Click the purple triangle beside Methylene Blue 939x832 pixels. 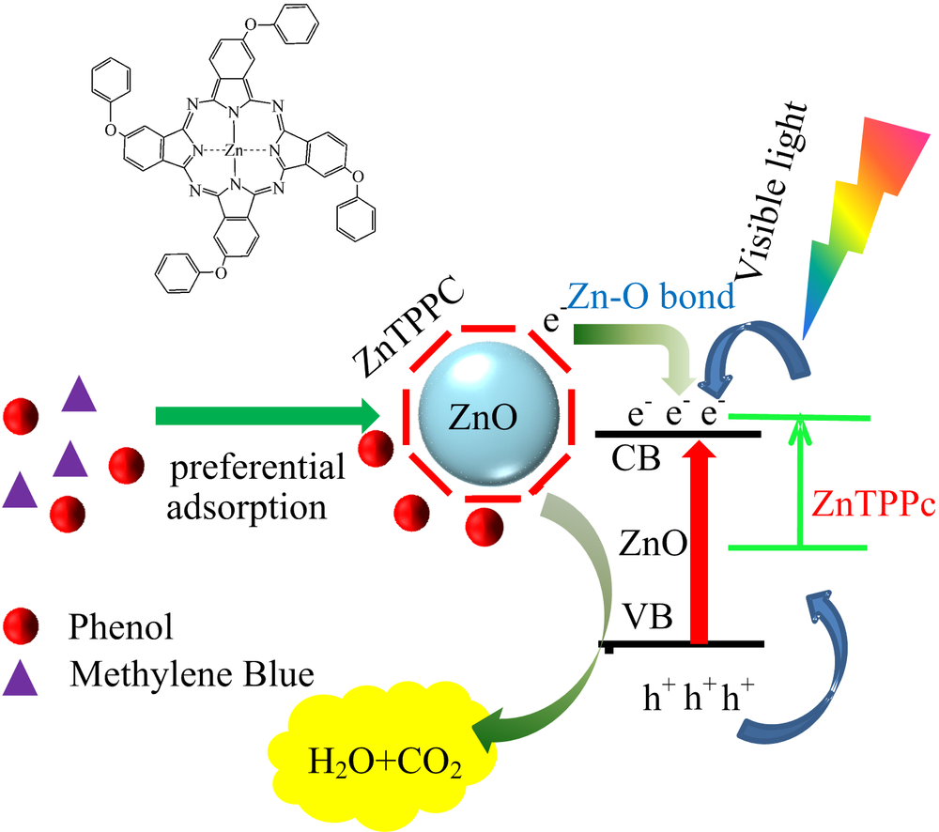point(20,680)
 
